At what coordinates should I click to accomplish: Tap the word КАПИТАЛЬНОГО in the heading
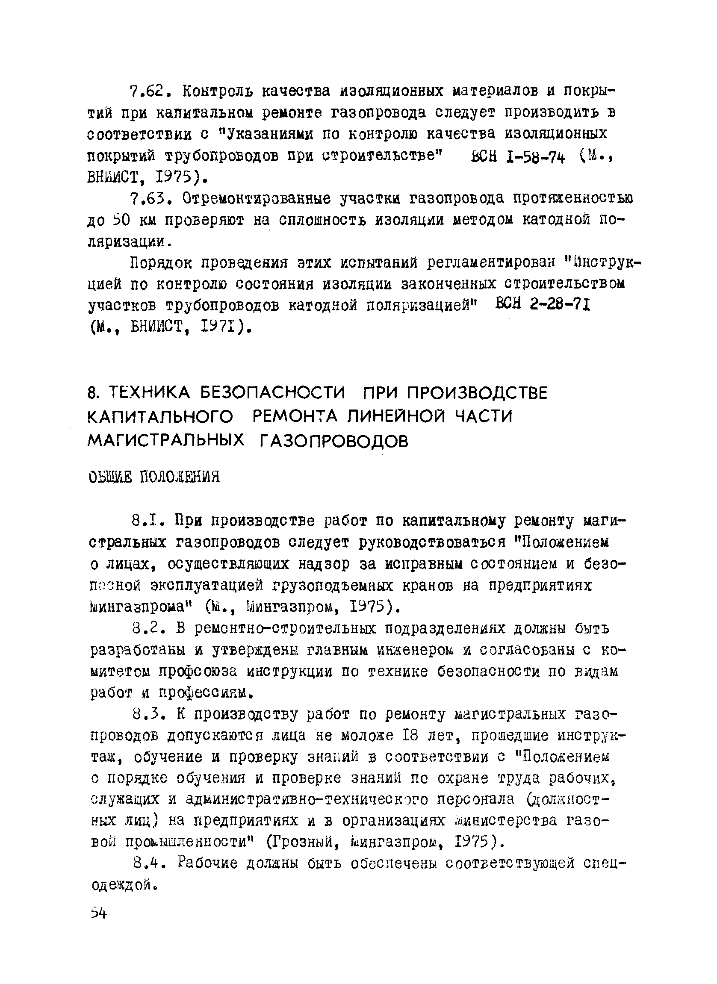coord(160,417)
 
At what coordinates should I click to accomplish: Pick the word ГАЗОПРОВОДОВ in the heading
coord(334,441)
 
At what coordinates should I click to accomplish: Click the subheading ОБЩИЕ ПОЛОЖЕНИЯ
coord(154,477)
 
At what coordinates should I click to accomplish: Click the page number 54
coord(98,913)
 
